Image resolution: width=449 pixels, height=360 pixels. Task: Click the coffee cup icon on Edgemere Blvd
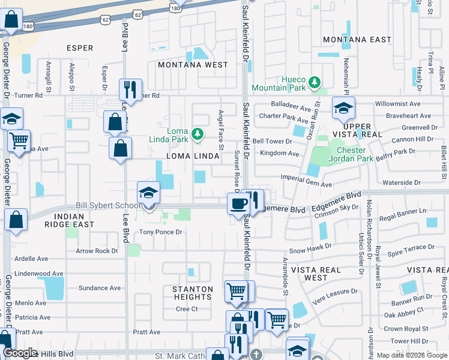coord(238,203)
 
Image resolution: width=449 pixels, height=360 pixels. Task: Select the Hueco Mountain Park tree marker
coord(313,81)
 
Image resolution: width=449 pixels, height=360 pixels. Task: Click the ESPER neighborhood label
coord(80,48)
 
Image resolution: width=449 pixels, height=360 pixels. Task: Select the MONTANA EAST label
coord(357,40)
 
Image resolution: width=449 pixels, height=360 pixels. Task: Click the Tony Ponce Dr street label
coord(160,232)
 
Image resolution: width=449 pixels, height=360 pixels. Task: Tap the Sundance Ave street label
coord(100,288)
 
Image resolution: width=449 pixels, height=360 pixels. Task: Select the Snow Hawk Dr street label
coord(310,247)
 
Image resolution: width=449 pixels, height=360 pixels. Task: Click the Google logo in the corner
coord(20,353)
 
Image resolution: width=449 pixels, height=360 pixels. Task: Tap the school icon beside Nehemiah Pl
coord(343,108)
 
